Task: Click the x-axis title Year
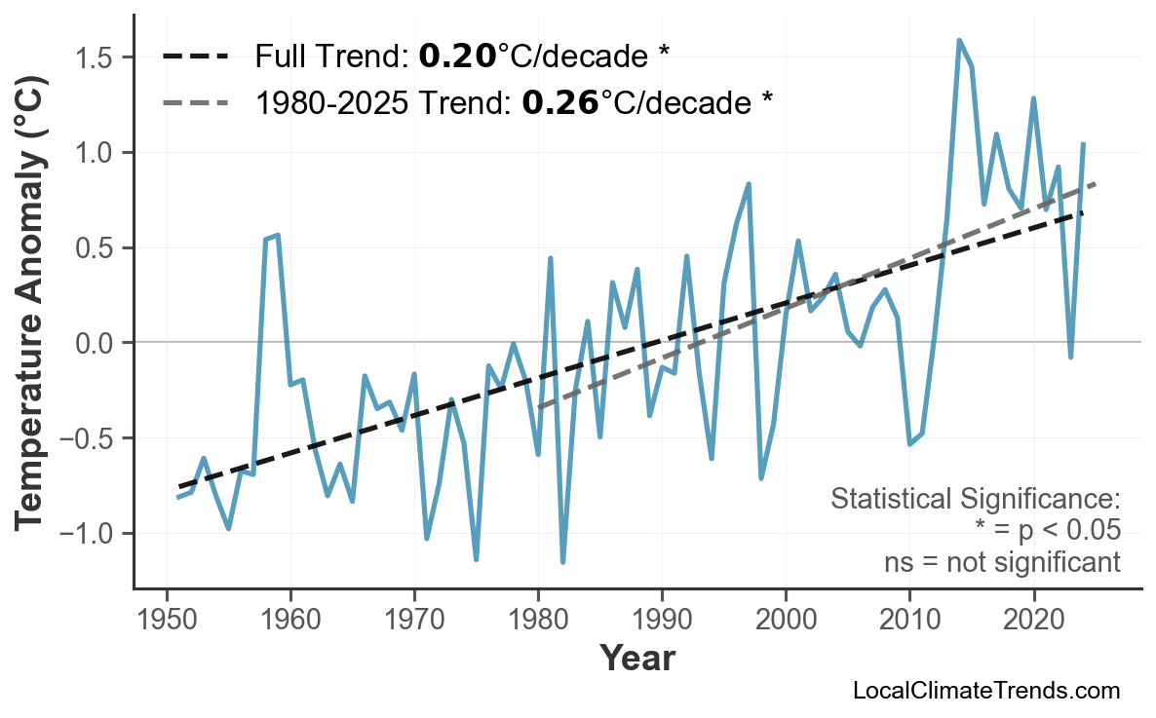[636, 659]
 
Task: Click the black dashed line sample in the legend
[195, 57]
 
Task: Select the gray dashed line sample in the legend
[195, 101]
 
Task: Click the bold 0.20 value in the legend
[457, 57]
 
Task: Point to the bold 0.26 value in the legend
[560, 101]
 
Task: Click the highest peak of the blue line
[959, 40]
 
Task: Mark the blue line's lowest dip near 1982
[563, 562]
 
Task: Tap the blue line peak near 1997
[749, 183]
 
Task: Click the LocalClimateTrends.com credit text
[985, 691]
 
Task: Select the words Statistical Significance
[975, 500]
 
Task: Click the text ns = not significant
[1001, 562]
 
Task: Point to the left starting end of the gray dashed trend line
[539, 407]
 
